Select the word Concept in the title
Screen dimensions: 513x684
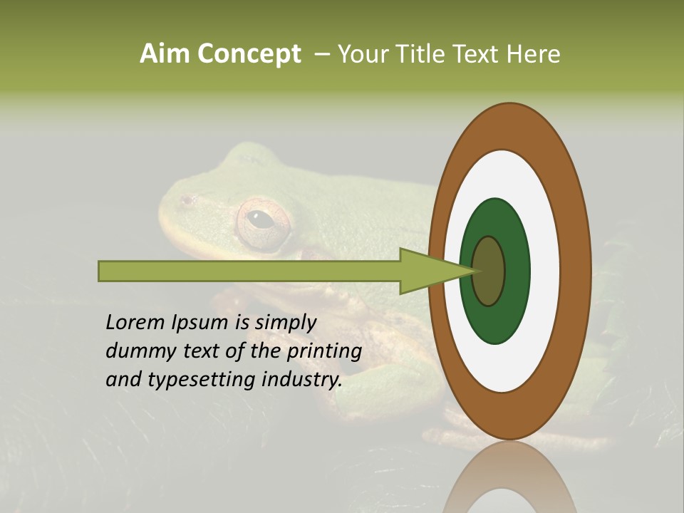click(249, 54)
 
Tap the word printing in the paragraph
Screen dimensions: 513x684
click(323, 351)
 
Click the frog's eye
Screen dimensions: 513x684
click(262, 219)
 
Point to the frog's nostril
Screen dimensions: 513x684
click(187, 200)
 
